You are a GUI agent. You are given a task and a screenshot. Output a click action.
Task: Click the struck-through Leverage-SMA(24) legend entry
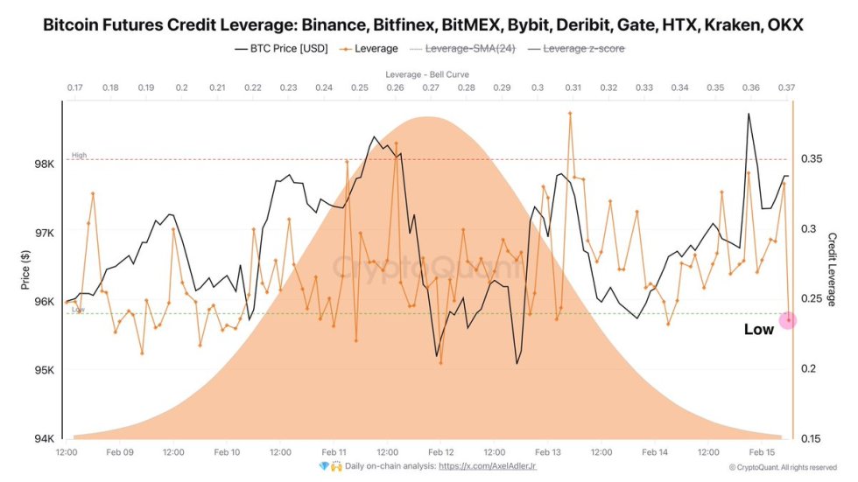click(x=469, y=49)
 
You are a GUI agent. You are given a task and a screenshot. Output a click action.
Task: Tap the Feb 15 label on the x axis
click(x=763, y=452)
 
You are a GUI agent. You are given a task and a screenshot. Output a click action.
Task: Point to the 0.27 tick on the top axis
click(x=430, y=88)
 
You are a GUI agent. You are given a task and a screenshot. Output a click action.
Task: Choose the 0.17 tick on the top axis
click(x=74, y=88)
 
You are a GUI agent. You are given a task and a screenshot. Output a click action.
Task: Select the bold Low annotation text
click(x=758, y=330)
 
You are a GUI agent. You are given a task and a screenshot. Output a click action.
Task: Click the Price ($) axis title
click(x=25, y=270)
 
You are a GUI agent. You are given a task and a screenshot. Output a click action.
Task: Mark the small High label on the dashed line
click(x=79, y=156)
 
